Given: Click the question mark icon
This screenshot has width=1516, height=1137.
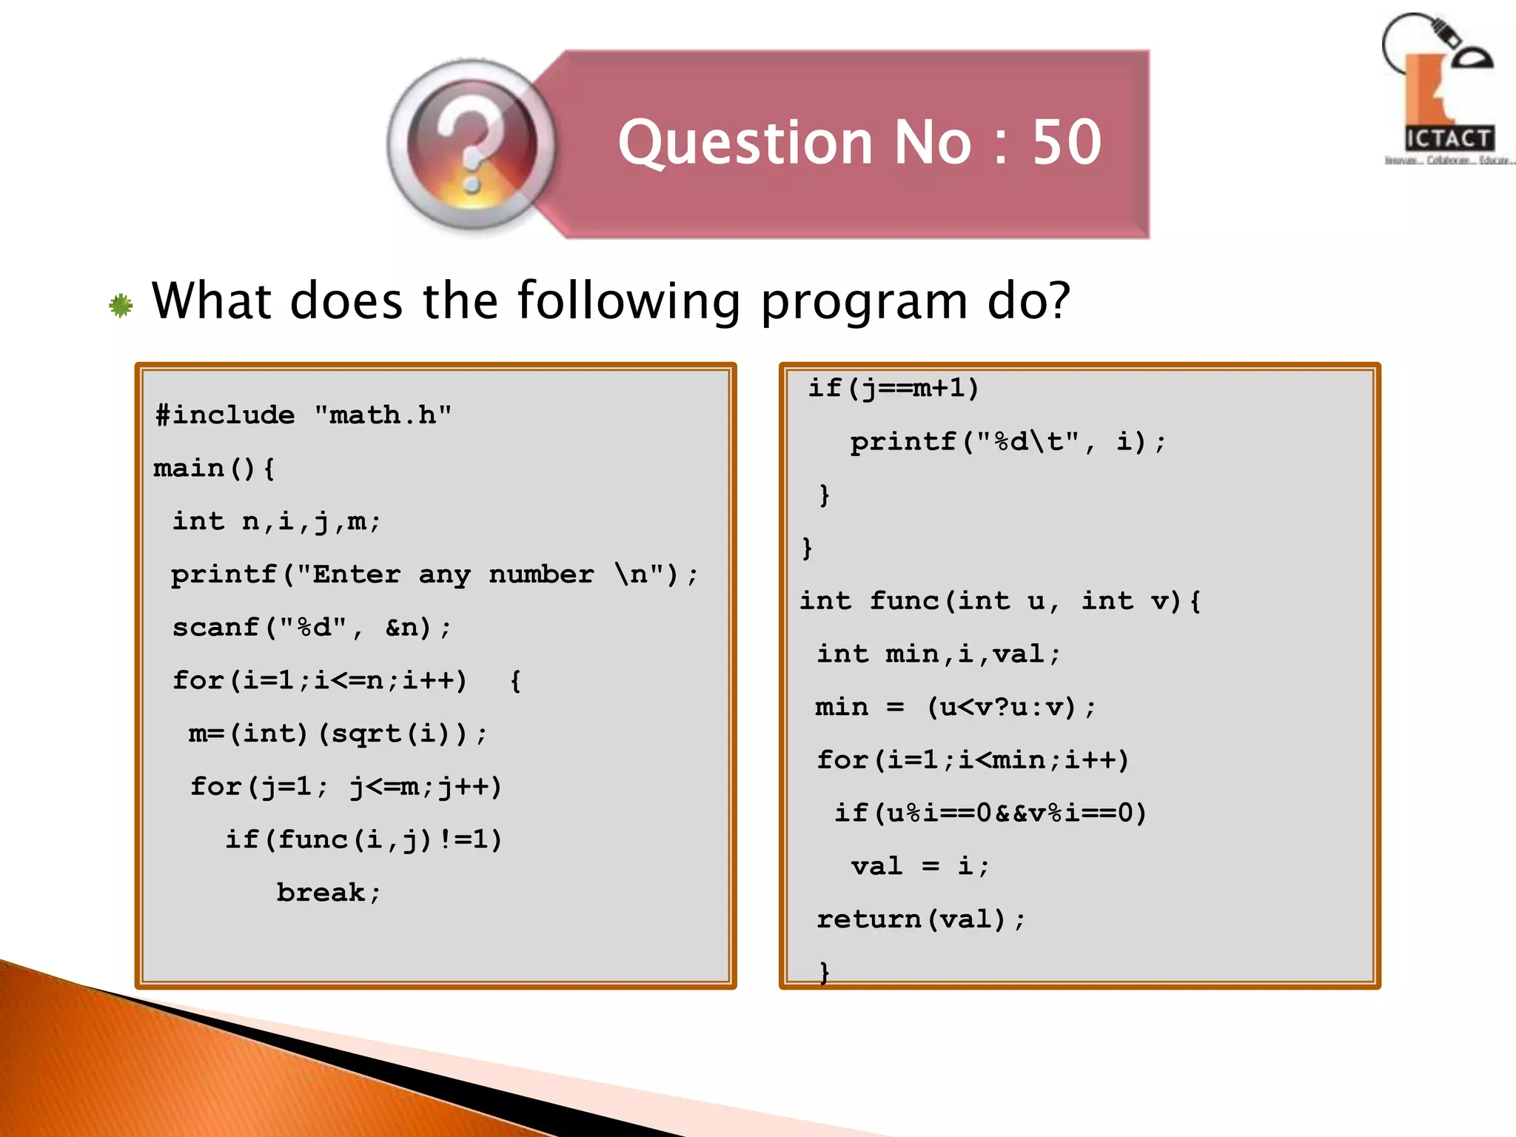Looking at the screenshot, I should (x=472, y=145).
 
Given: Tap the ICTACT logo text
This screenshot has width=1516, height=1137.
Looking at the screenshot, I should (x=1449, y=138).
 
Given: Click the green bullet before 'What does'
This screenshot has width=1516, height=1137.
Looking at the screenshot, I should (x=121, y=305).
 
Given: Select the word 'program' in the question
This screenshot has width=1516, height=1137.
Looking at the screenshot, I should (x=864, y=301).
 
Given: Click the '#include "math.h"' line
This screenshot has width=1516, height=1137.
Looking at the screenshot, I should (x=303, y=415).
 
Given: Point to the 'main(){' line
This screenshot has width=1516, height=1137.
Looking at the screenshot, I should (x=214, y=468).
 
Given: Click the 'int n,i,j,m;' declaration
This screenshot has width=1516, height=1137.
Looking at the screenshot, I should (x=276, y=521).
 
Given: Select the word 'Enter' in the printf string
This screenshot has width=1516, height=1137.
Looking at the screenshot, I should (x=356, y=574).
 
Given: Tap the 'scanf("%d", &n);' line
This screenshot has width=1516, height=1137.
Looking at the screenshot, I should (x=311, y=628).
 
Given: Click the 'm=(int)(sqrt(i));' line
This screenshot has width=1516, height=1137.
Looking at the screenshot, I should (x=338, y=734).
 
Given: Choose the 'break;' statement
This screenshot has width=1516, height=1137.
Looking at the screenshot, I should (x=328, y=893).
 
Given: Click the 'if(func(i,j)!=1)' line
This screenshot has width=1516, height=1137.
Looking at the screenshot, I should (x=363, y=839).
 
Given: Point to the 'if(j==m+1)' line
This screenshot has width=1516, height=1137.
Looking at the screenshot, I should (x=893, y=388).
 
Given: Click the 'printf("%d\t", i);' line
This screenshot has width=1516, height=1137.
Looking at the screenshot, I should (x=1007, y=442).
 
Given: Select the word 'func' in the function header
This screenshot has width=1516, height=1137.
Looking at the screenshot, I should (x=904, y=600).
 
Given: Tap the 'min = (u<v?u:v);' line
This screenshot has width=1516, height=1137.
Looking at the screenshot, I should (x=955, y=707).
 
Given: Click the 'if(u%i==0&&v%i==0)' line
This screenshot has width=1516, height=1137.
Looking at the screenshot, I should (x=990, y=813).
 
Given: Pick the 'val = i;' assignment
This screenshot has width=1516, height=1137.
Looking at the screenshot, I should (x=919, y=866).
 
